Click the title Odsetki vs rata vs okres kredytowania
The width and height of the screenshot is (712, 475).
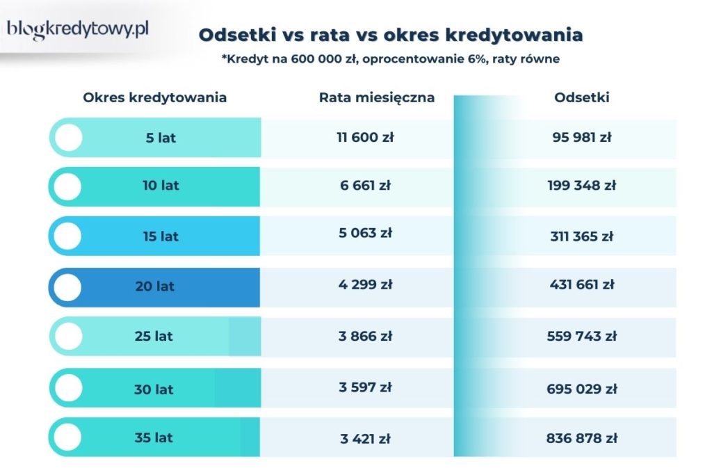[391, 35]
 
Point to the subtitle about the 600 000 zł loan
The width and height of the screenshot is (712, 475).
[391, 59]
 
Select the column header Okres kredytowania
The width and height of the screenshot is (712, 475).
[154, 97]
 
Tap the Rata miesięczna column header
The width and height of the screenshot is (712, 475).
[377, 97]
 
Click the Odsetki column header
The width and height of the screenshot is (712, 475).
[582, 97]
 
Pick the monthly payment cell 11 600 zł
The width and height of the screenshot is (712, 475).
[365, 138]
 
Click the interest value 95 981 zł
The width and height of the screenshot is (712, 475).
[582, 138]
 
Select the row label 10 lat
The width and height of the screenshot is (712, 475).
[161, 186]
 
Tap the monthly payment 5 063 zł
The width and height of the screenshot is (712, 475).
[366, 233]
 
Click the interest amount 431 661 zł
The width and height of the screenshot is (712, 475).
[582, 284]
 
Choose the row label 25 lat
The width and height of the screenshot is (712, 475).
[154, 336]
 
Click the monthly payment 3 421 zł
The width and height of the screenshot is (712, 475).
[366, 439]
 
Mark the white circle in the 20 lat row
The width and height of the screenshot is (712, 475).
[67, 287]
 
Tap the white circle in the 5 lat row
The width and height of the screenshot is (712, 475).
[67, 138]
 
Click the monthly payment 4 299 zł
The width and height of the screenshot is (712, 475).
[366, 284]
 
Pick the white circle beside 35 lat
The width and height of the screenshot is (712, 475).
[67, 437]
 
